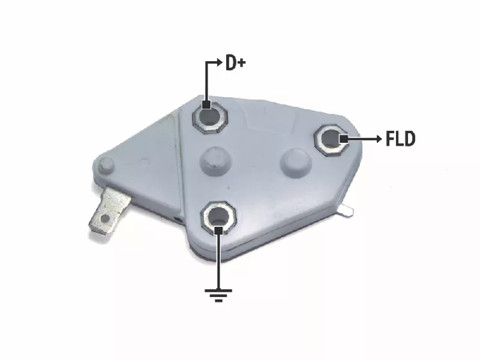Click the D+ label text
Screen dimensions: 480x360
coord(235,62)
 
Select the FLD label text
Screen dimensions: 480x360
coord(400,139)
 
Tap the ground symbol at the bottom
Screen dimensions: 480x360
coord(218,295)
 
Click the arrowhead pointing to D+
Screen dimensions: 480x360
coord(219,62)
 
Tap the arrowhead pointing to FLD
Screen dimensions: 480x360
coord(379,139)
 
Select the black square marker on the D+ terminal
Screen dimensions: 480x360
coord(206,104)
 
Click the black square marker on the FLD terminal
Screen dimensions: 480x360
coord(344,139)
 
